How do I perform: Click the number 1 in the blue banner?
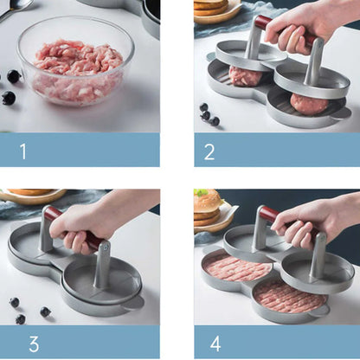pos(23,151)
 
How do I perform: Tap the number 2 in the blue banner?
pos(209,151)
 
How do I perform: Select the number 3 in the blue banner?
pos(34,344)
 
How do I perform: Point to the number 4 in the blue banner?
pos(215,344)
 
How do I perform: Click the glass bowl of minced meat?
pos(76,61)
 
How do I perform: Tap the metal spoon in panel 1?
pos(15,8)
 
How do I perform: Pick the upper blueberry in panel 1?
pos(14,76)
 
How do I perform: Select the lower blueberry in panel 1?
pos(8,98)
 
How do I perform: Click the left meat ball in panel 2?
pos(245,76)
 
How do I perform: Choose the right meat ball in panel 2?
pos(309,103)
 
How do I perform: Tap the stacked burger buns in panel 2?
pos(211,7)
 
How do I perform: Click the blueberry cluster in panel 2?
pos(209,115)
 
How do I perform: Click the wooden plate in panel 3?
pos(33,196)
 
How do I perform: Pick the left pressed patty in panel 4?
pos(237,267)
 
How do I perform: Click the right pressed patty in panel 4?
pos(289,297)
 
